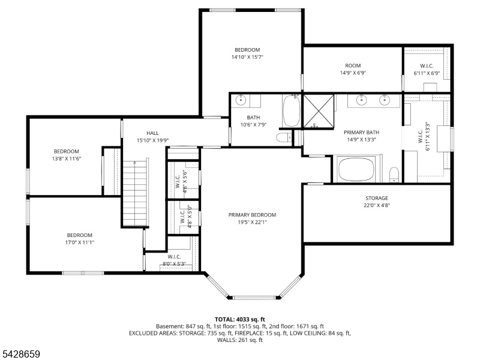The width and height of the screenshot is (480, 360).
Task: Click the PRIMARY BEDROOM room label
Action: click(252, 215)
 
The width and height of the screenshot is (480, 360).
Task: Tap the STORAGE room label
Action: click(377, 198)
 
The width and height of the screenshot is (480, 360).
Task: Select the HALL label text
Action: click(152, 133)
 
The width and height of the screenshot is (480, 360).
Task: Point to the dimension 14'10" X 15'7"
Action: click(247, 57)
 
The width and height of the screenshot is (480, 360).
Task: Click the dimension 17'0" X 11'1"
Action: click(80, 242)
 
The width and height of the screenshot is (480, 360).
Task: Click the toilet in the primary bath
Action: click(394, 175)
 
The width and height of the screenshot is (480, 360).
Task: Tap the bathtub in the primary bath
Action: click(356, 169)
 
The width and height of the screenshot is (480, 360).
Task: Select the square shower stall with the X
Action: click(319, 111)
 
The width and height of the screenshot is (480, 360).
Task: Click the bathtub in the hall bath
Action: click(291, 110)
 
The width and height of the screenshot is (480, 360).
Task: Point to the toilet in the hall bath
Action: click(284, 137)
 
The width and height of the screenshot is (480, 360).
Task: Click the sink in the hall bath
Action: click(241, 100)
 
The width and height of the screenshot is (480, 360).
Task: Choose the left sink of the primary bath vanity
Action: click(362, 100)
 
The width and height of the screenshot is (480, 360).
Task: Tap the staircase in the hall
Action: click(135, 193)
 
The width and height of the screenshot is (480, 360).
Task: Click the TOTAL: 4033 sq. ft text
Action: click(239, 320)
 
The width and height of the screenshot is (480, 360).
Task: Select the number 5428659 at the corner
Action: click(20, 354)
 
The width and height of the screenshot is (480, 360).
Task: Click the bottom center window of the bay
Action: click(254, 297)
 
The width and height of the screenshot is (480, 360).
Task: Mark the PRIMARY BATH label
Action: click(362, 132)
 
